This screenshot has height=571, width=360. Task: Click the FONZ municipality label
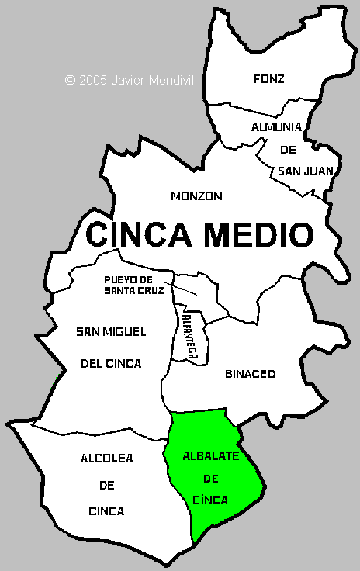[269, 78]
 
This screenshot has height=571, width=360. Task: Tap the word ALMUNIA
[275, 126]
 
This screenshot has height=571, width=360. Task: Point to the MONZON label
[196, 196]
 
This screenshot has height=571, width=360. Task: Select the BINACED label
[250, 374]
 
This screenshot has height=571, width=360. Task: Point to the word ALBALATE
[211, 455]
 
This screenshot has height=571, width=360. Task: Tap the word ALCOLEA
[106, 459]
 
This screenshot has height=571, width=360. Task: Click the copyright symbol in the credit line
[70, 79]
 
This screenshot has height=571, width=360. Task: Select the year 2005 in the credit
[93, 79]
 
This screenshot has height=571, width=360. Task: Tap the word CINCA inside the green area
[210, 500]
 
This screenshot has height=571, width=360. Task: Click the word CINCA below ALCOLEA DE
[106, 511]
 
